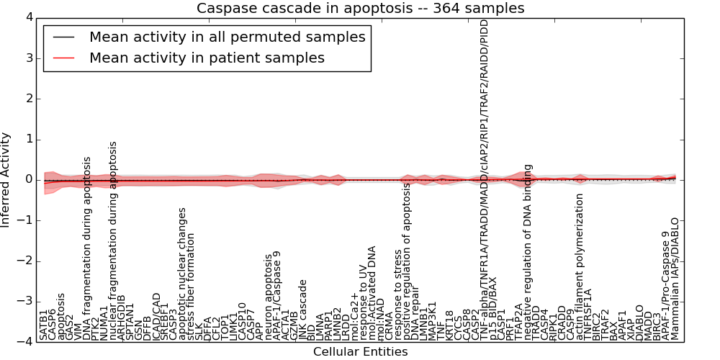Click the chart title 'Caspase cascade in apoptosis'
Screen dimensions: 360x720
[x=360, y=9]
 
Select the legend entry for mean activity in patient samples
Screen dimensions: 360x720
[x=207, y=58]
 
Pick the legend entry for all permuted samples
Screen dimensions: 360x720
[x=227, y=37]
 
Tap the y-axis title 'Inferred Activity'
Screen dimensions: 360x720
[x=6, y=180]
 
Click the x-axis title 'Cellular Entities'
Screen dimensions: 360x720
[x=360, y=351]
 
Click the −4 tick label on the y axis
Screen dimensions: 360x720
[x=23, y=342]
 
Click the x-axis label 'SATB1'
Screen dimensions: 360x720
[x=44, y=325]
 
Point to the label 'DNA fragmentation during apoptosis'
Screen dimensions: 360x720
[x=87, y=248]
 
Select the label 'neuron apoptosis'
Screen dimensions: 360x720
[x=269, y=296]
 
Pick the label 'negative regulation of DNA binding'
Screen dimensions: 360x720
[x=528, y=245]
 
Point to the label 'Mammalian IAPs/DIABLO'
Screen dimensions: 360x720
[x=675, y=279]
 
